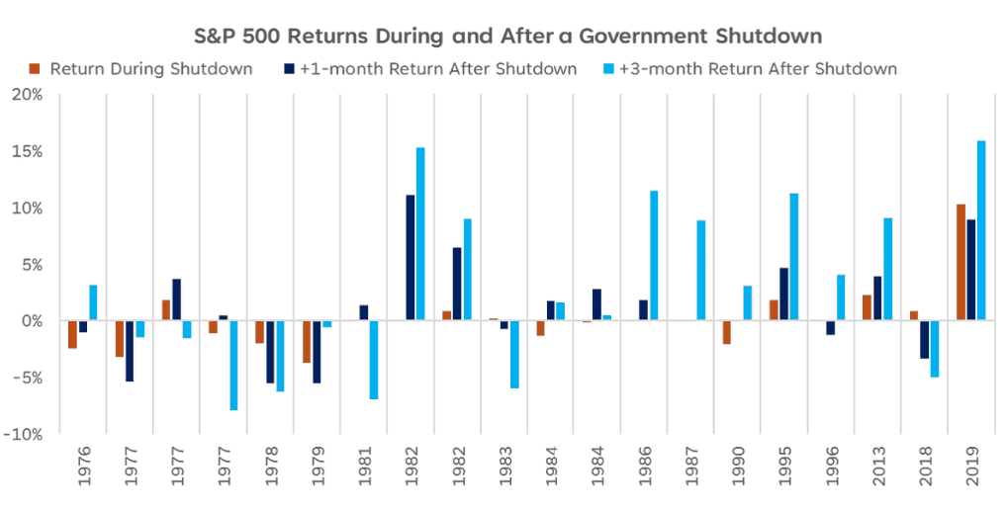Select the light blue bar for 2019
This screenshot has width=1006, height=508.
point(981,230)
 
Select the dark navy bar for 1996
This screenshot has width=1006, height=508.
point(830,328)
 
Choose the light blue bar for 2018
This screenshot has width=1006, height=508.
point(934,349)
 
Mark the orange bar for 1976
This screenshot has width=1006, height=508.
point(72,334)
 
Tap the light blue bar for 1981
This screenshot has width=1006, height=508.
point(374,360)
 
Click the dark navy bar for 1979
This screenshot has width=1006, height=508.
point(318,352)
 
